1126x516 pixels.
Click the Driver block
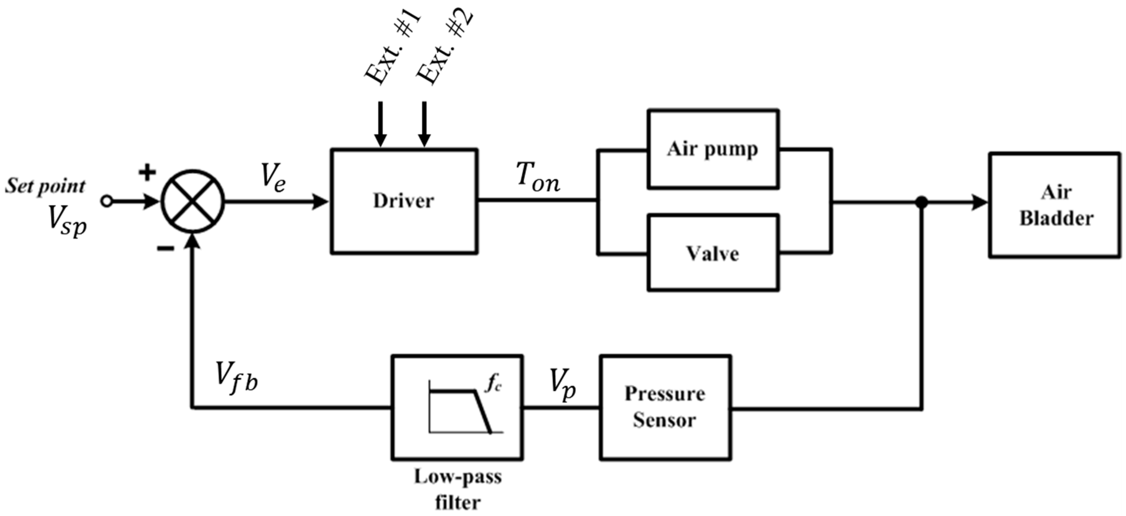click(x=403, y=201)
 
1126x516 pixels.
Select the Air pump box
click(x=713, y=149)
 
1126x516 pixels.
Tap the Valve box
click(x=713, y=253)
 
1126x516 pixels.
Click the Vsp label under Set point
click(x=67, y=221)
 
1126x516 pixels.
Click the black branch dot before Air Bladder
click(x=922, y=202)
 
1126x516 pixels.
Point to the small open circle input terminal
click(x=107, y=202)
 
